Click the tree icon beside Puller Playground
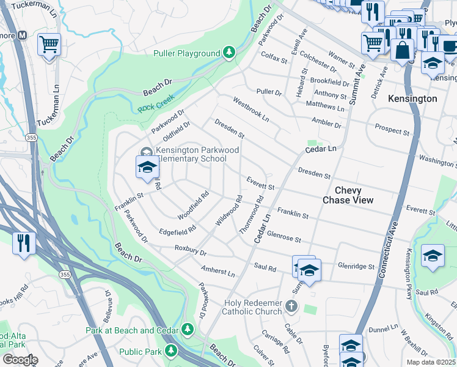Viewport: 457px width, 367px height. (229, 53)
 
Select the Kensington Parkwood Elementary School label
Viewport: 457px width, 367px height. (191, 155)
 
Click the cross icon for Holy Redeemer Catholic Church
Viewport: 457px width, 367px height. (292, 306)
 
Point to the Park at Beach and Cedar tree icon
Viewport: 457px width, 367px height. (188, 330)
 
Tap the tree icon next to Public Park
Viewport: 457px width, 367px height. (172, 351)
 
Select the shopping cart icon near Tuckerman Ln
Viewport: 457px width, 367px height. (49, 45)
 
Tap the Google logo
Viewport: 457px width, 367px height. (20, 360)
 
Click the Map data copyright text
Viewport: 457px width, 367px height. (431, 362)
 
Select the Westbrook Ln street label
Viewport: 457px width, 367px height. (250, 108)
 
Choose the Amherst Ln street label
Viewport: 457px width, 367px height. (218, 271)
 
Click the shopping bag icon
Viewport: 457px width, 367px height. (403, 51)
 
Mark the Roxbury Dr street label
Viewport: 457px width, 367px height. (191, 250)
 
